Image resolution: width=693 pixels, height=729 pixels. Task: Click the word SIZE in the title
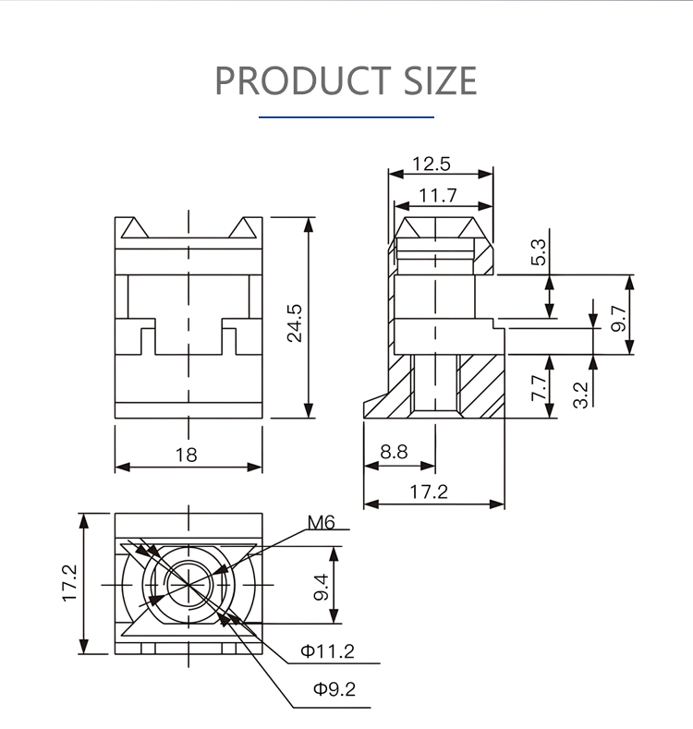[440, 80]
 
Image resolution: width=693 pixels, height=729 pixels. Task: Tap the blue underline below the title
[346, 117]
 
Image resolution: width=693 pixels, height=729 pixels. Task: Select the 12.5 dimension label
[432, 164]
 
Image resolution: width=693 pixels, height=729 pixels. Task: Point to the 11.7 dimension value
[438, 195]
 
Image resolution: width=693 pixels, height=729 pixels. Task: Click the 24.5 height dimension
[295, 323]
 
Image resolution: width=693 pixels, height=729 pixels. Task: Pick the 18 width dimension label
[186, 455]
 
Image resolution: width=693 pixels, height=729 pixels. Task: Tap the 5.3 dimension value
[538, 252]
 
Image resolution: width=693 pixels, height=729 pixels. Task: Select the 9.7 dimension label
[618, 319]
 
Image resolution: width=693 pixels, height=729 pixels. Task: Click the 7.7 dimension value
[539, 388]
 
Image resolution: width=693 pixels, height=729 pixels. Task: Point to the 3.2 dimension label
[580, 395]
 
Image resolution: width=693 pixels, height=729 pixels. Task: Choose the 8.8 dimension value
[394, 452]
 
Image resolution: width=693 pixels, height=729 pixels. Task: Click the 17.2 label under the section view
[429, 492]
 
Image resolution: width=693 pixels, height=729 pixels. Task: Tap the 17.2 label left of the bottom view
[69, 584]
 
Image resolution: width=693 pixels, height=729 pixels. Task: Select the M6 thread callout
[321, 523]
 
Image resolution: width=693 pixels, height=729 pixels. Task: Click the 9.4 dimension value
[322, 588]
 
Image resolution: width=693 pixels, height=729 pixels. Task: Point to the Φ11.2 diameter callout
[327, 650]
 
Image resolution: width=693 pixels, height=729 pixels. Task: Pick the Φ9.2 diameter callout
[334, 688]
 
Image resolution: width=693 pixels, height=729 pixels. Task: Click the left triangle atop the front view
[135, 228]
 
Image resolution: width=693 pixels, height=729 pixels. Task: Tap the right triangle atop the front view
[242, 228]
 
